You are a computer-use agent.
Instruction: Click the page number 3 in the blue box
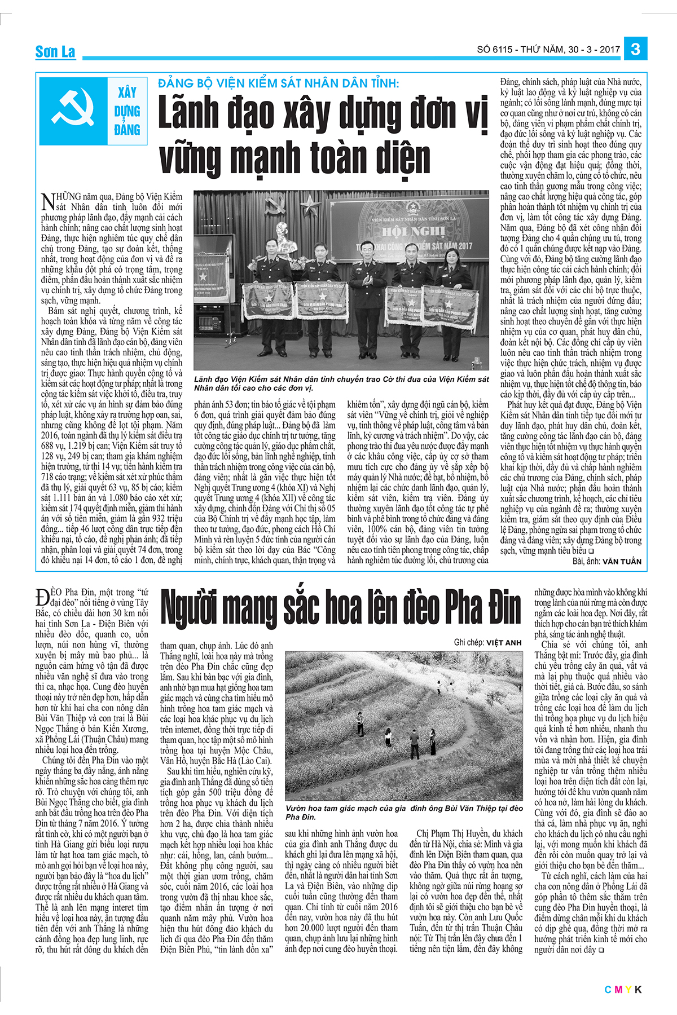[x=635, y=49]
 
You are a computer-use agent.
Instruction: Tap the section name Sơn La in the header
[x=55, y=52]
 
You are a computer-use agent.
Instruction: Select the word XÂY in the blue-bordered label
[x=127, y=92]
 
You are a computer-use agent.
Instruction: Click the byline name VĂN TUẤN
[x=621, y=562]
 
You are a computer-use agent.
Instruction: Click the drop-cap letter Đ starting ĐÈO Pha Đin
[x=42, y=597]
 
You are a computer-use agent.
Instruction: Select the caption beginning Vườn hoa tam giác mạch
[x=404, y=813]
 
